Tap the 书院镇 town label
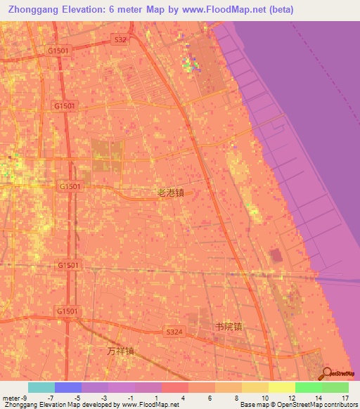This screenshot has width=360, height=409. pos(229,326)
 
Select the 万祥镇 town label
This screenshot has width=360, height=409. pos(120,350)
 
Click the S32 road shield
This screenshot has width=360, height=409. pos(121,40)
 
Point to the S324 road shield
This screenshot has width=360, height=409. pos(174,331)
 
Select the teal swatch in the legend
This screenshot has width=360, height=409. pos(41,387)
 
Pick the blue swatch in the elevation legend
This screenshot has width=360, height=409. pos(67,387)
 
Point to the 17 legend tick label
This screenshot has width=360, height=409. pos(345,398)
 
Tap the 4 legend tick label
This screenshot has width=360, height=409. pos(184,398)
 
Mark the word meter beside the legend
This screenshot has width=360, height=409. pos(11,398)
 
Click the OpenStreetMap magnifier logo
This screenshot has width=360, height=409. pos(326,373)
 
